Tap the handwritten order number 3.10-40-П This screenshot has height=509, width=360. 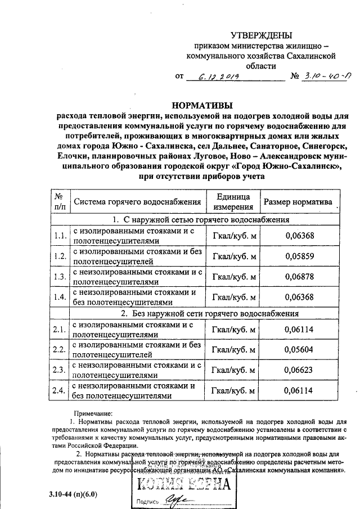[325, 76]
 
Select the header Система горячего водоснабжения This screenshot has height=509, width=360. [137, 202]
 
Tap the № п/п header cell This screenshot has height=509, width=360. [59, 202]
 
